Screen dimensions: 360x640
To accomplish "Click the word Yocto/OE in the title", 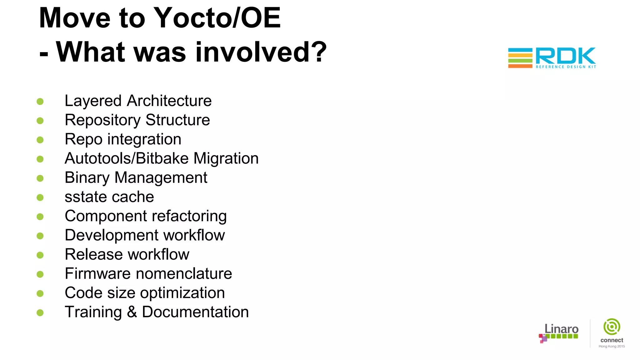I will (217, 18).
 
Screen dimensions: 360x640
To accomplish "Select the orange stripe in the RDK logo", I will (520, 66).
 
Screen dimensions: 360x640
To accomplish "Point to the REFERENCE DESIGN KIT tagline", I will (566, 67).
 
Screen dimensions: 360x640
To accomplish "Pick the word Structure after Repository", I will (177, 120).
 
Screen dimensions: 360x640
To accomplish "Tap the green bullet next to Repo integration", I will (40, 140).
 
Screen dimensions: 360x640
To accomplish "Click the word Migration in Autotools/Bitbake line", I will (226, 158).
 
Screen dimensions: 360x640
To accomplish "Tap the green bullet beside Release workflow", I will (40, 255).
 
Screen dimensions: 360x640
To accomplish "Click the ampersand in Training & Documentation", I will (132, 312).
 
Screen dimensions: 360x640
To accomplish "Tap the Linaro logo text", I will (561, 329).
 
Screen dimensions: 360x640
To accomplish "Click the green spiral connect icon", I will (612, 327).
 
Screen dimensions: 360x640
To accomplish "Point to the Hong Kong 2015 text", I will (612, 346).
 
